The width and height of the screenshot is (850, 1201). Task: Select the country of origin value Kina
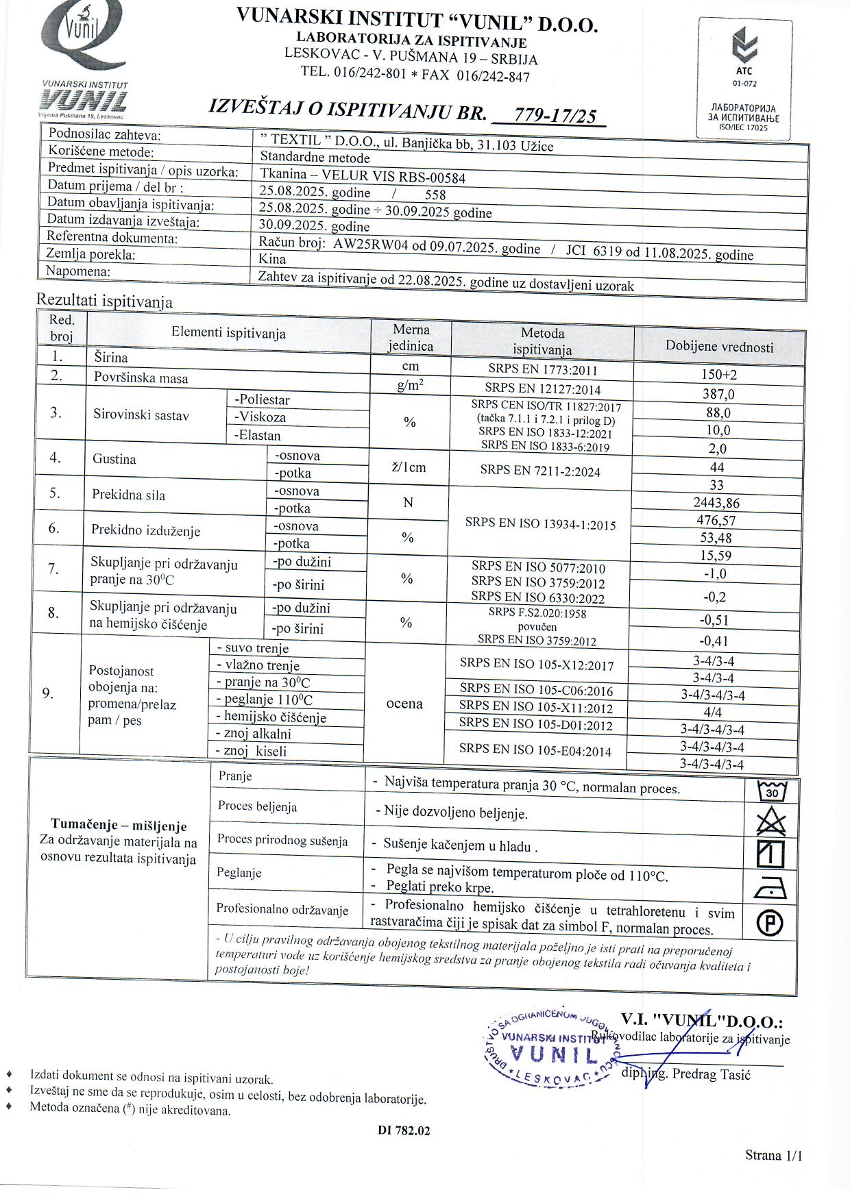(272, 259)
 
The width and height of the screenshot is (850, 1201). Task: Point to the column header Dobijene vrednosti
(719, 347)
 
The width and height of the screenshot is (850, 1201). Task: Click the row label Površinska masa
(141, 377)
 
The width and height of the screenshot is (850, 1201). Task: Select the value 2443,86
(716, 503)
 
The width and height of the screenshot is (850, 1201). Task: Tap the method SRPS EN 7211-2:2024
(540, 470)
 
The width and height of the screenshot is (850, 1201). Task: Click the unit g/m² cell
(410, 386)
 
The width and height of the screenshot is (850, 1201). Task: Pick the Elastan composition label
(258, 435)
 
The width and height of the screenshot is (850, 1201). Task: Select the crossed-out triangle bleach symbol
(772, 821)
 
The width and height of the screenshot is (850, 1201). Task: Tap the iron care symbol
(771, 889)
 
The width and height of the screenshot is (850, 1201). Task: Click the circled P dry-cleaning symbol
(771, 924)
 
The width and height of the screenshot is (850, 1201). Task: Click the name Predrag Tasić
(710, 1074)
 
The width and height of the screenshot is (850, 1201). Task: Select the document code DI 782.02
(404, 1130)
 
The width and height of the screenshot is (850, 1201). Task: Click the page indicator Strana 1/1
(773, 1156)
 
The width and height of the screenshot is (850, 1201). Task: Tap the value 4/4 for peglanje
(712, 713)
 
